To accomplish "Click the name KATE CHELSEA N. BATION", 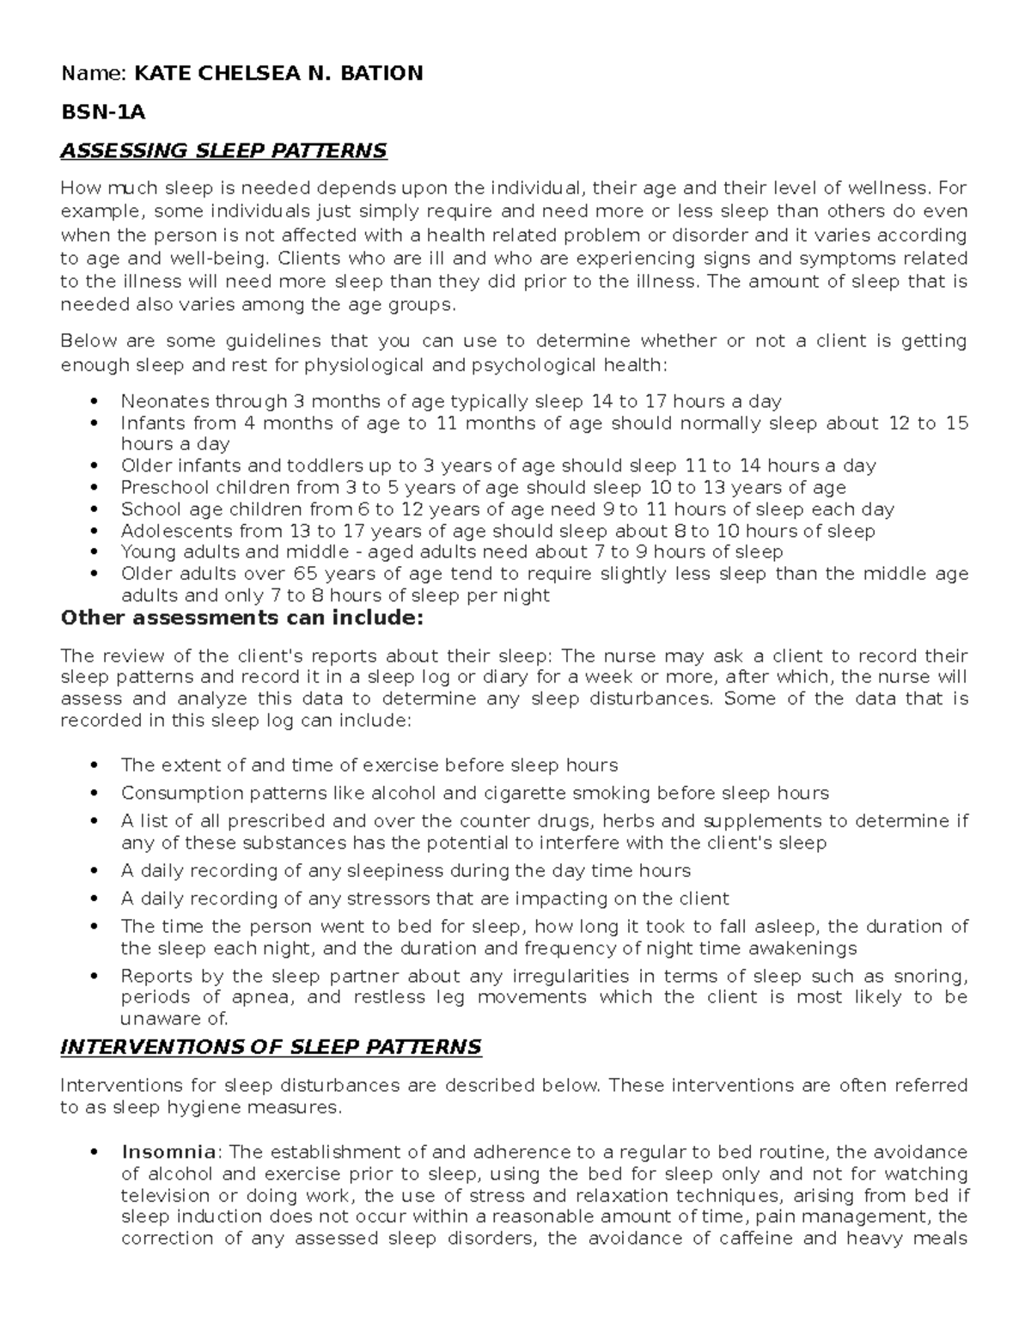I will point(278,73).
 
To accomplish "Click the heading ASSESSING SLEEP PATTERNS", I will point(223,151).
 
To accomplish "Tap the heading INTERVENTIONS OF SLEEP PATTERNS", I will point(271,1047).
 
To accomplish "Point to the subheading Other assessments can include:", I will point(241,618).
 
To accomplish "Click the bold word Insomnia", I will point(169,1152).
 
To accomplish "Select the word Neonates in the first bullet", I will point(156,401).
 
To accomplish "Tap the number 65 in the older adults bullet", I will point(304,574).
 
